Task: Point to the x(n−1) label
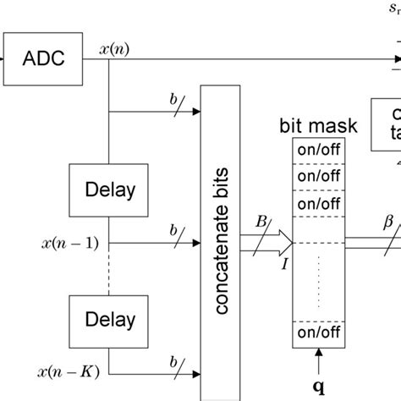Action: point(69,244)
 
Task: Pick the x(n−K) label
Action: point(69,373)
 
